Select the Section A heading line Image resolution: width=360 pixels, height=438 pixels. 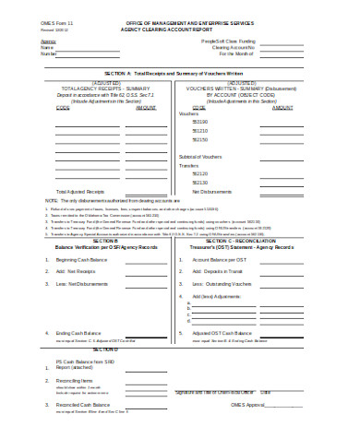(179, 71)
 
